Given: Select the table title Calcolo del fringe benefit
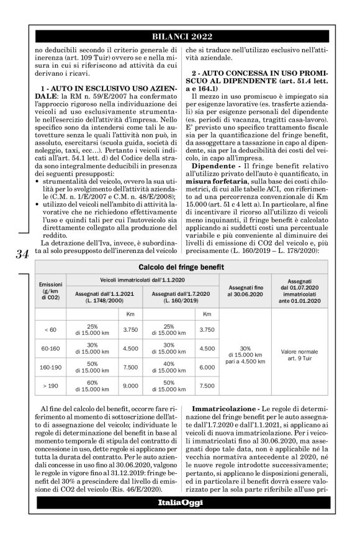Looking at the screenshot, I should pos(181,267).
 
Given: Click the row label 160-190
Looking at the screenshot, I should pos(50,367).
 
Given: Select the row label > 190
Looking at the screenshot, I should pos(50,385).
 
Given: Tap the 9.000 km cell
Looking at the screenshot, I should pos(130,385).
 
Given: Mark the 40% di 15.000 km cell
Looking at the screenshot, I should pos(170,367).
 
